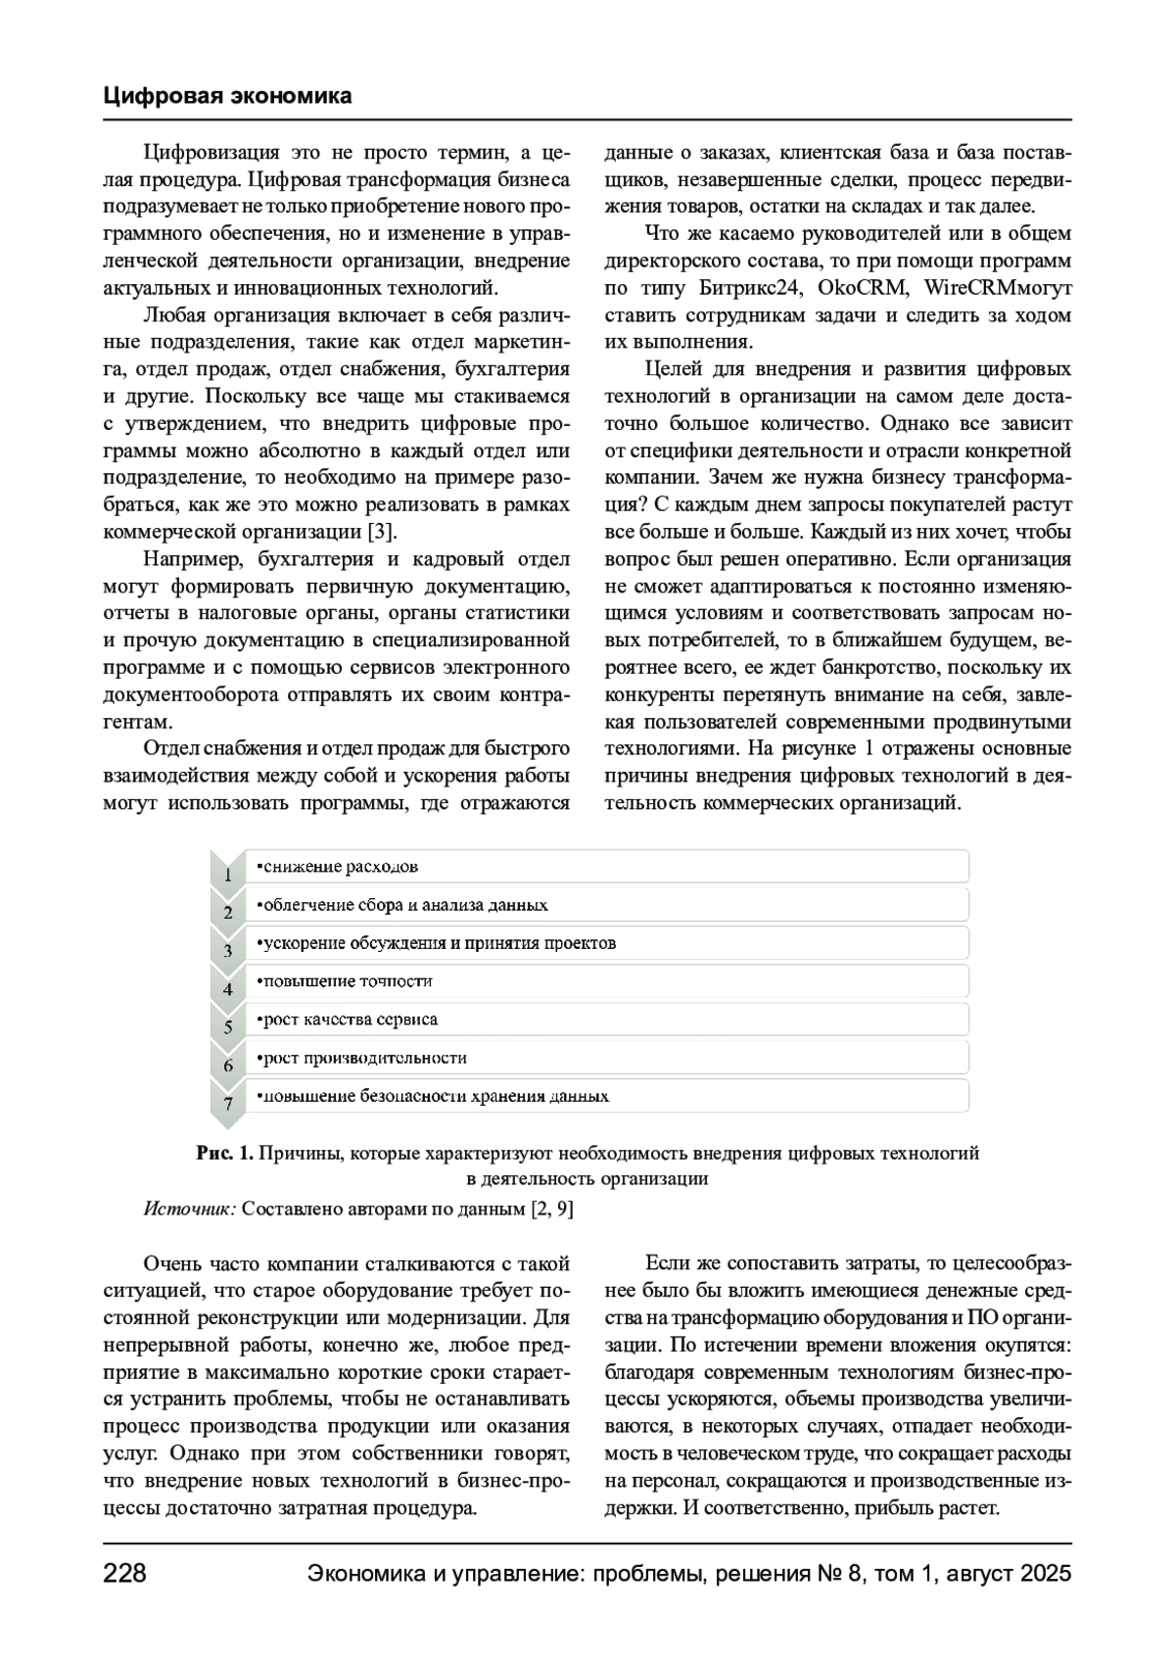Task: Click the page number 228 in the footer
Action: click(124, 1574)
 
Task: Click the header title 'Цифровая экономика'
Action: click(227, 96)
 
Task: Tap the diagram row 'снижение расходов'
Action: click(607, 867)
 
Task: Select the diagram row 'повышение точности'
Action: click(607, 981)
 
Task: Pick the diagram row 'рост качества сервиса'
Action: click(607, 1020)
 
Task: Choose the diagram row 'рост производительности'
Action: click(607, 1058)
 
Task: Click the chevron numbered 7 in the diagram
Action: click(228, 1103)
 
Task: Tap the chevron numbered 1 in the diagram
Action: click(228, 874)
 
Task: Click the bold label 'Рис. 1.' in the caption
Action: click(225, 1154)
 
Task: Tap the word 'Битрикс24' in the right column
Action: click(751, 289)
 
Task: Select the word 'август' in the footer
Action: click(969, 1574)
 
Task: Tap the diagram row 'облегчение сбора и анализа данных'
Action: click(607, 905)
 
